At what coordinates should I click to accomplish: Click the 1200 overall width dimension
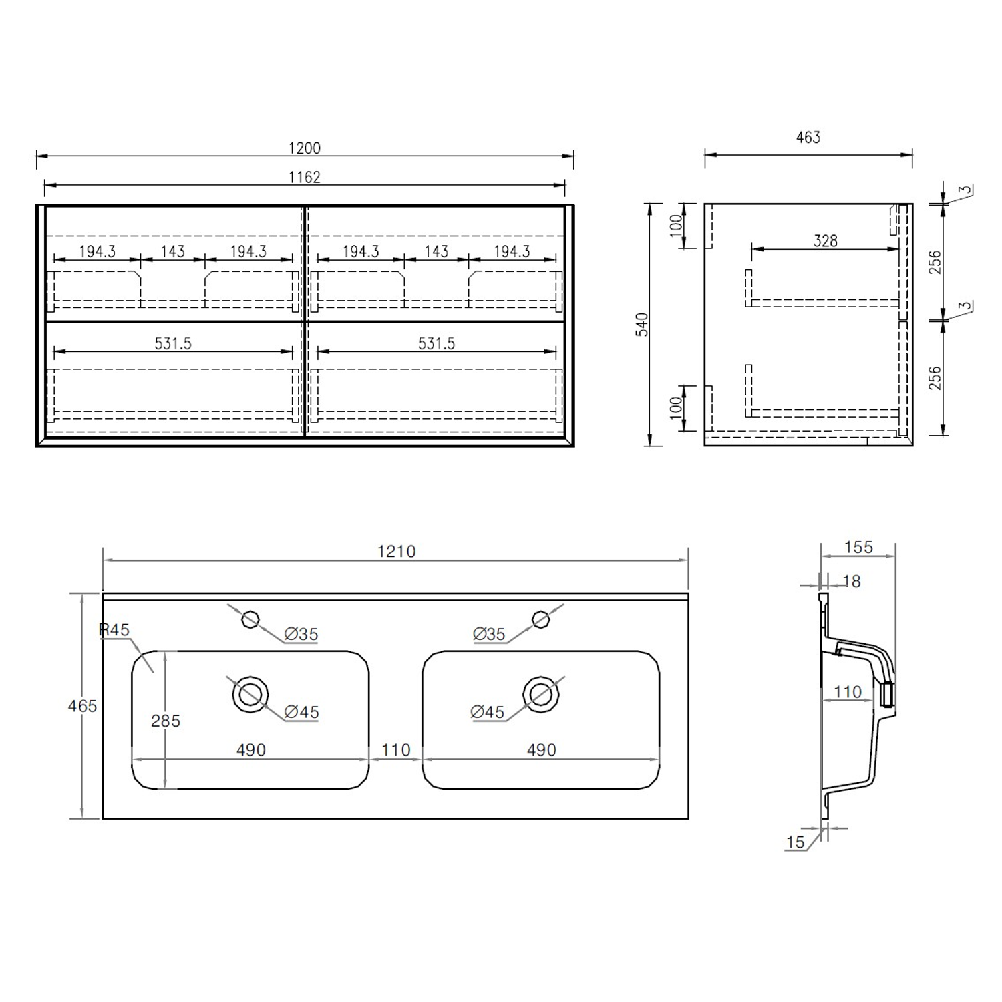(x=304, y=148)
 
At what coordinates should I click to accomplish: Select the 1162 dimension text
(x=304, y=177)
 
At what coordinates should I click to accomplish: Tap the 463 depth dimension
(x=808, y=137)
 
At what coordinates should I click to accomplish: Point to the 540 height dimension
(x=642, y=324)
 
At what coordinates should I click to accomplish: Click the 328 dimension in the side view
(x=825, y=241)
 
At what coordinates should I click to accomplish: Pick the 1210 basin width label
(x=396, y=551)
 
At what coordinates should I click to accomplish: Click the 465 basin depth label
(x=82, y=705)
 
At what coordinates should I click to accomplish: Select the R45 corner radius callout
(x=114, y=629)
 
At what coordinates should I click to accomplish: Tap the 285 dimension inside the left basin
(x=166, y=721)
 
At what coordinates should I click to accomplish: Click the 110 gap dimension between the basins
(x=395, y=749)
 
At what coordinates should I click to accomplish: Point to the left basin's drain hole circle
(x=251, y=694)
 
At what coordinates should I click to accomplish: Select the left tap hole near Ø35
(x=251, y=619)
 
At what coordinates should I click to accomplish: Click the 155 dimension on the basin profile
(x=858, y=547)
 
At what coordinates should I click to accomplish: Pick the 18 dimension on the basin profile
(x=852, y=581)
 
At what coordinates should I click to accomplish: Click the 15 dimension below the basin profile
(x=795, y=842)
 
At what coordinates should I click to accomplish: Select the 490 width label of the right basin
(x=541, y=749)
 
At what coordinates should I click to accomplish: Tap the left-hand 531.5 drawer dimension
(x=173, y=343)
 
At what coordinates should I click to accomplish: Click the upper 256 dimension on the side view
(x=935, y=261)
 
